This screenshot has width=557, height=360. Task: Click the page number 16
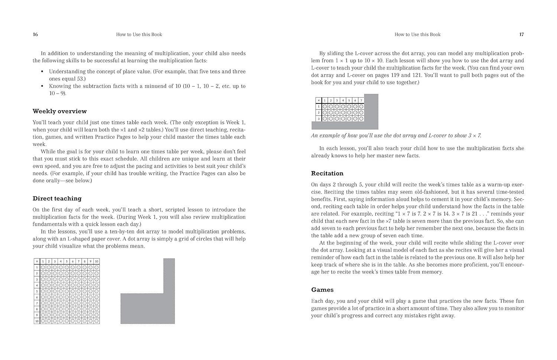[35, 35]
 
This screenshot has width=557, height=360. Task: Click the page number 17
[521, 35]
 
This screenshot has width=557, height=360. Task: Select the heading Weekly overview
[59, 111]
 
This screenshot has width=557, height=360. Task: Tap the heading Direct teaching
[57, 198]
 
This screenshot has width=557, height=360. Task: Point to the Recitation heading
[327, 173]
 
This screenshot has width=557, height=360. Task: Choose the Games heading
[322, 289]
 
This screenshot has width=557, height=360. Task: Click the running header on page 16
[139, 35]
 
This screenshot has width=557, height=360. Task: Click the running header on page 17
[417, 35]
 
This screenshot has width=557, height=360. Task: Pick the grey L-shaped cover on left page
[148, 308]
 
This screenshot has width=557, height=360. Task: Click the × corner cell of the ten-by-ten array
[37, 261]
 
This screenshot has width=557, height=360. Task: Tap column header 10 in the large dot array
[97, 261]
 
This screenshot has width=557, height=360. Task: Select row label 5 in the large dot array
[37, 291]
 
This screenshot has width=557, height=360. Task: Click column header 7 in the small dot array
[361, 100]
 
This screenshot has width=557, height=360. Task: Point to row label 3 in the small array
[318, 119]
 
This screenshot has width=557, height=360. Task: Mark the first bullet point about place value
[147, 75]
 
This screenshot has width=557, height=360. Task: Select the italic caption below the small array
[396, 135]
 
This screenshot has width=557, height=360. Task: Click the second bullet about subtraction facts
[147, 89]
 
